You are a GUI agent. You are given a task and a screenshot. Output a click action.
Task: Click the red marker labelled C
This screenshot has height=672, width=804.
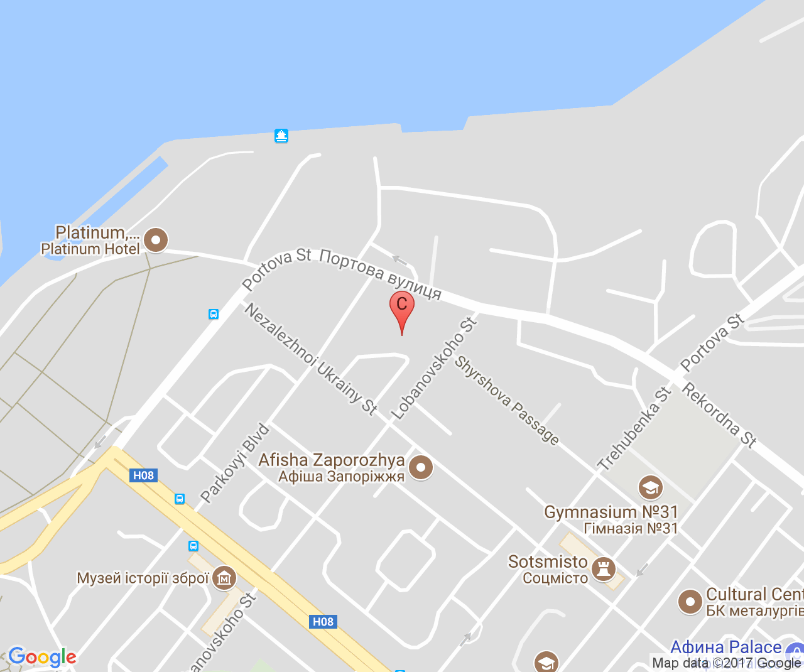[401, 306]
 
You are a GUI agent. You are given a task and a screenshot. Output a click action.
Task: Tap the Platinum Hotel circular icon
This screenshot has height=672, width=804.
[156, 240]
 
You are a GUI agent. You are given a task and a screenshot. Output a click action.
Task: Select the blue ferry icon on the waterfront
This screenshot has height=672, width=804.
[281, 136]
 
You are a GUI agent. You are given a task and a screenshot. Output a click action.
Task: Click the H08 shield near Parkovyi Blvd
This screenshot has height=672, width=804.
[144, 475]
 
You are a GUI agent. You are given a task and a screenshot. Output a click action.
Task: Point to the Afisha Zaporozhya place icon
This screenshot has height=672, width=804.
[420, 467]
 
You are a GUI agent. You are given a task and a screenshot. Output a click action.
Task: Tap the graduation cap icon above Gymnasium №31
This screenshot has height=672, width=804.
[650, 487]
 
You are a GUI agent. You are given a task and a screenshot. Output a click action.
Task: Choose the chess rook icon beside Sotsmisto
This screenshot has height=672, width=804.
[604, 569]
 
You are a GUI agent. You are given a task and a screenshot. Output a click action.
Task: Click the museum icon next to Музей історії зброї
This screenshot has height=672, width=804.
[224, 578]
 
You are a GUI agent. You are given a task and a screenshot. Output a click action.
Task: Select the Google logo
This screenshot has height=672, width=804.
[42, 657]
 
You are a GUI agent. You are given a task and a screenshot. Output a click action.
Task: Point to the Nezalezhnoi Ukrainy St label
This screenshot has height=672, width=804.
[311, 359]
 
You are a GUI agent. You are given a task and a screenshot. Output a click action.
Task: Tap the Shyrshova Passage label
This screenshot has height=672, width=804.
[507, 400]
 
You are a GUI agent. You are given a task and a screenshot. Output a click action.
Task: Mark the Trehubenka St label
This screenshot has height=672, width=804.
[634, 430]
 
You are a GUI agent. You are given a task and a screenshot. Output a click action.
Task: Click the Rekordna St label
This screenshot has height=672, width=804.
[719, 414]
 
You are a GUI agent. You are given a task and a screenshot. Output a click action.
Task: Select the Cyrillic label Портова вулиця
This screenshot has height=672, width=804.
[381, 274]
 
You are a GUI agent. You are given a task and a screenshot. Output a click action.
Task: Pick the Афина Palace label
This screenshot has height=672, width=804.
[725, 647]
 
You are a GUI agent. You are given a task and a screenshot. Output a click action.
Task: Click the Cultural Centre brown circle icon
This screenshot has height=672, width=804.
[690, 602]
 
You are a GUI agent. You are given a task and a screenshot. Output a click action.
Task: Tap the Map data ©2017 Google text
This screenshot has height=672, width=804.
[726, 663]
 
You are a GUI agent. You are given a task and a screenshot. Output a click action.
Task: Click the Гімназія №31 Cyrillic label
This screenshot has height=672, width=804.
[631, 529]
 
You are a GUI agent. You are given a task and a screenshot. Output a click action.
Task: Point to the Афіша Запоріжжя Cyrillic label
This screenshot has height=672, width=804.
[341, 477]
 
